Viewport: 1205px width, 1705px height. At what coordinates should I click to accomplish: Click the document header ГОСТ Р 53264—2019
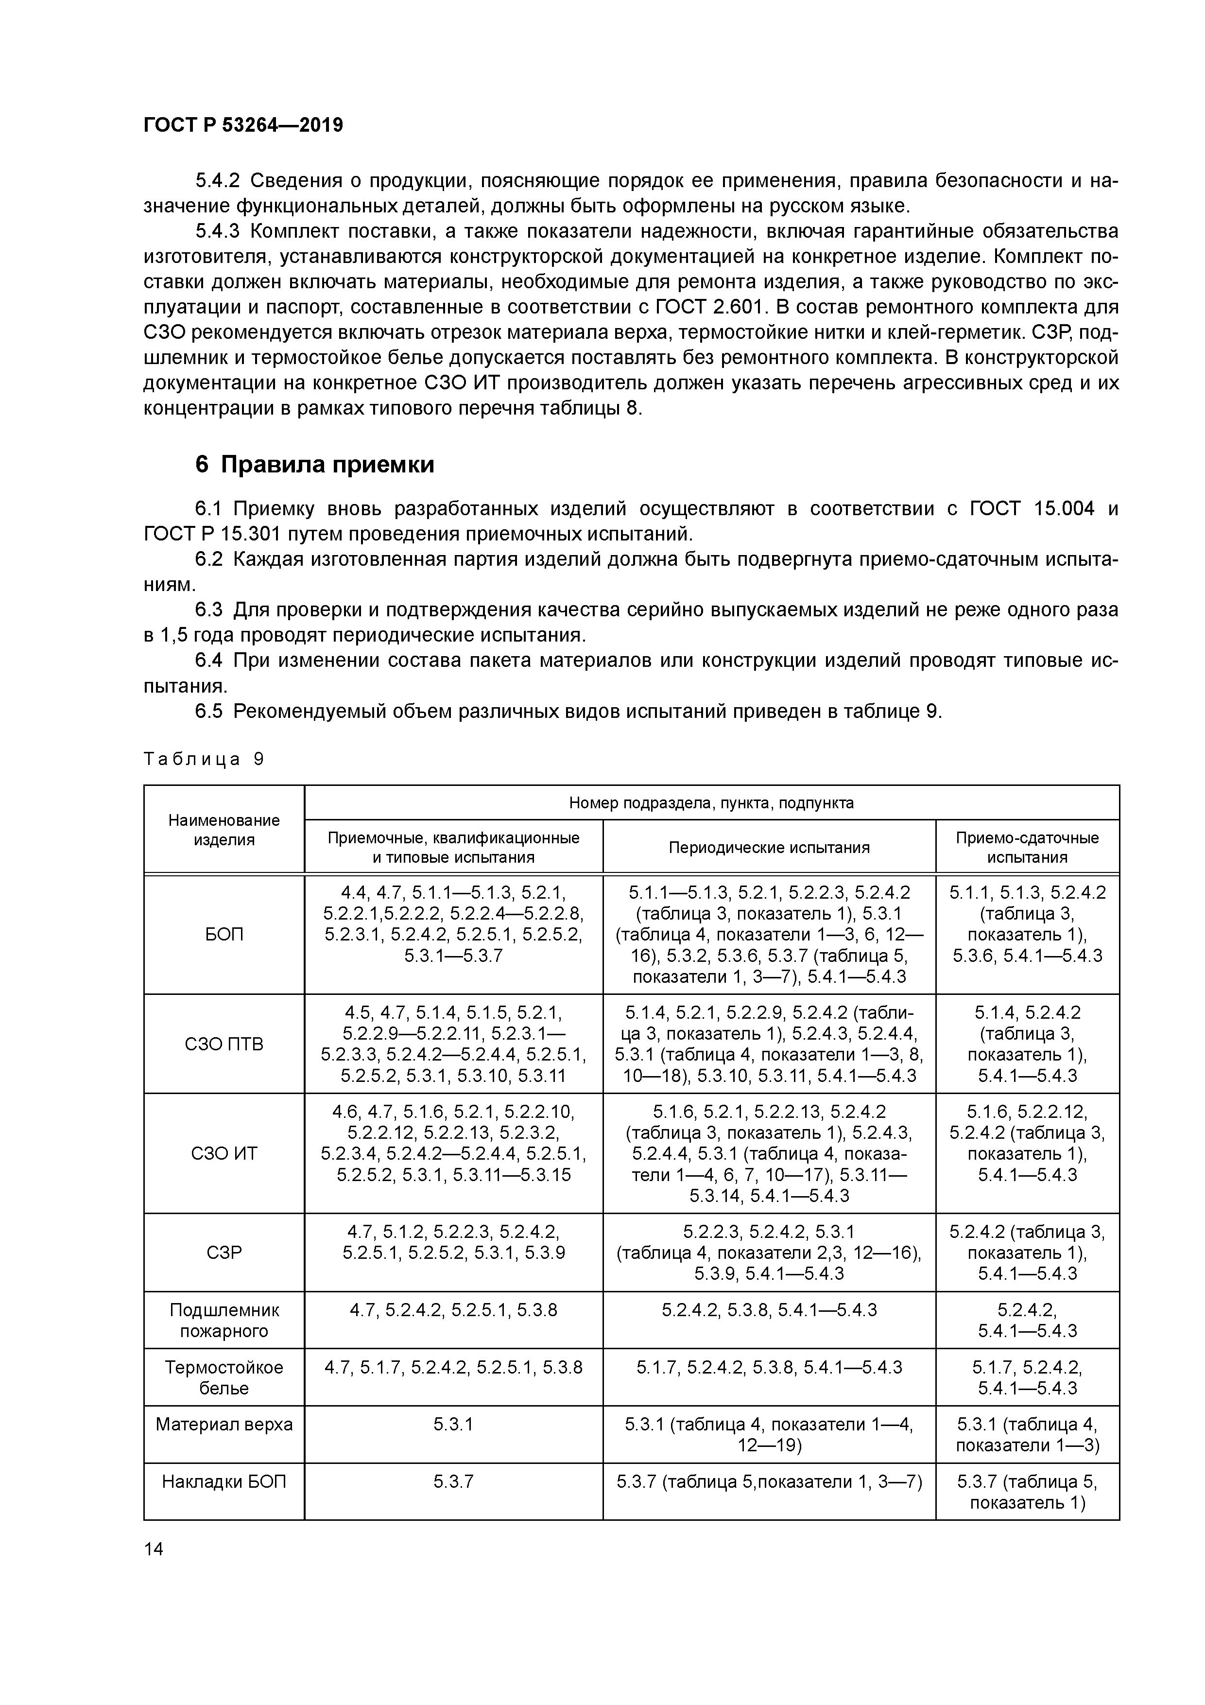click(243, 125)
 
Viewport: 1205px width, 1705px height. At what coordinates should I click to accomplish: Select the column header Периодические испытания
click(769, 847)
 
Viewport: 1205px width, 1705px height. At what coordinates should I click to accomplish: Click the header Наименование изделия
click(224, 830)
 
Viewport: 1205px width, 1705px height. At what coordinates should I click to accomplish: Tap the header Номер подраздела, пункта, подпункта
click(711, 803)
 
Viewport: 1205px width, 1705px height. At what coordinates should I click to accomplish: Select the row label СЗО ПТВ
click(224, 1044)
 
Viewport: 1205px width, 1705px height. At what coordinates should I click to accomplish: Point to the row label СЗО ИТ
click(224, 1153)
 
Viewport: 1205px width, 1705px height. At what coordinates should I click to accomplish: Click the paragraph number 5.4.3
click(218, 232)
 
